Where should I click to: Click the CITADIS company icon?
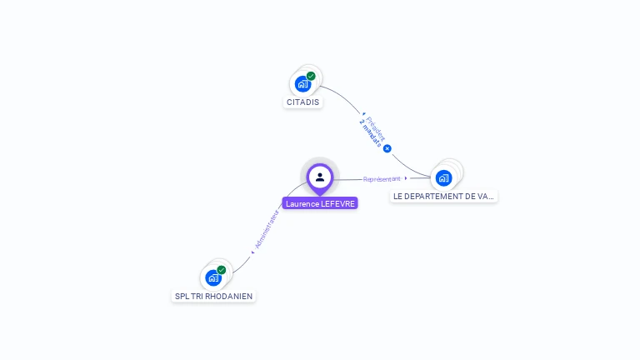click(302, 83)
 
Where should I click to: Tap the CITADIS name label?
click(302, 102)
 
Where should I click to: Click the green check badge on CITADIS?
click(311, 76)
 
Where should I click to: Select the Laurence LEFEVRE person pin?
click(320, 177)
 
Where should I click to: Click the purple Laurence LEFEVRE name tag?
click(320, 203)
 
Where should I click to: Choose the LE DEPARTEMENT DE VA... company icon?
click(443, 177)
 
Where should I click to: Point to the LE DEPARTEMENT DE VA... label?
click(443, 197)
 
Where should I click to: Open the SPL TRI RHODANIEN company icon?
click(213, 277)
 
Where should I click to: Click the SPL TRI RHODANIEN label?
click(213, 296)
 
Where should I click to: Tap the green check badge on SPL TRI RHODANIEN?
click(222, 270)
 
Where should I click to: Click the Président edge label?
click(375, 127)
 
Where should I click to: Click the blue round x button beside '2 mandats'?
click(387, 148)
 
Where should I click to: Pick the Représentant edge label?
click(382, 178)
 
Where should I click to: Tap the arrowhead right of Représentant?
click(406, 178)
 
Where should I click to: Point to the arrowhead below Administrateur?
click(252, 252)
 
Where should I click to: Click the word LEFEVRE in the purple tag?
click(337, 203)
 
